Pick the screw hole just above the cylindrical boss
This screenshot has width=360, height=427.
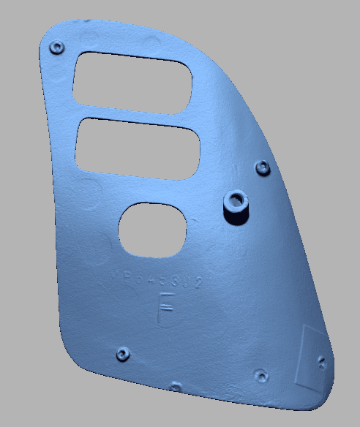pyautogui.click(x=262, y=168)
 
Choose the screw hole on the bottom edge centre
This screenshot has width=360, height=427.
pyautogui.click(x=175, y=386)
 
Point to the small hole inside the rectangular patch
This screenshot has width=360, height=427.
pyautogui.click(x=322, y=360)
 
